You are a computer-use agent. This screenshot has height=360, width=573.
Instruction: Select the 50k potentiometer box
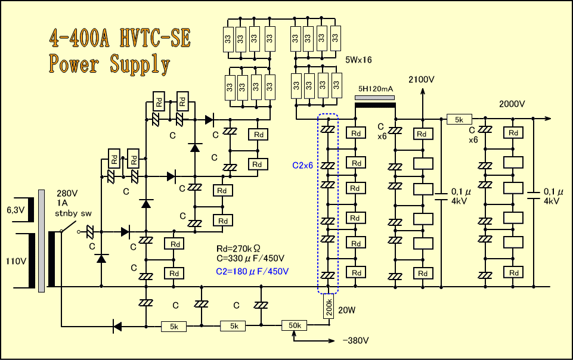click(x=295, y=325)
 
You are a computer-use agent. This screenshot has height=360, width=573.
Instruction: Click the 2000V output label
click(x=512, y=104)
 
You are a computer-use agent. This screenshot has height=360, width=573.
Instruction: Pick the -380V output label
click(x=356, y=341)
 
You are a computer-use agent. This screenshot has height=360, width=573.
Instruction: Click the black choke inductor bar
click(x=375, y=105)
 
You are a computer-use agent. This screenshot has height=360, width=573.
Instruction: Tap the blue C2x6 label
click(x=303, y=166)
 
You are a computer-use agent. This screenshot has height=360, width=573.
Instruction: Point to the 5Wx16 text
click(x=360, y=60)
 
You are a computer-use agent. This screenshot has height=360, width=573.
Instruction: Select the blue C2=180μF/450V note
click(x=252, y=271)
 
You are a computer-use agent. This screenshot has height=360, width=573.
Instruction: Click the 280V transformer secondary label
click(x=67, y=194)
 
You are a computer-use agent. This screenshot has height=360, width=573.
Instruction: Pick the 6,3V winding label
click(x=16, y=210)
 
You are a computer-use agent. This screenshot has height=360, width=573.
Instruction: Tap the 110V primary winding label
click(x=16, y=260)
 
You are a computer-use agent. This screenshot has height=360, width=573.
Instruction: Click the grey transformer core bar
click(x=41, y=241)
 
